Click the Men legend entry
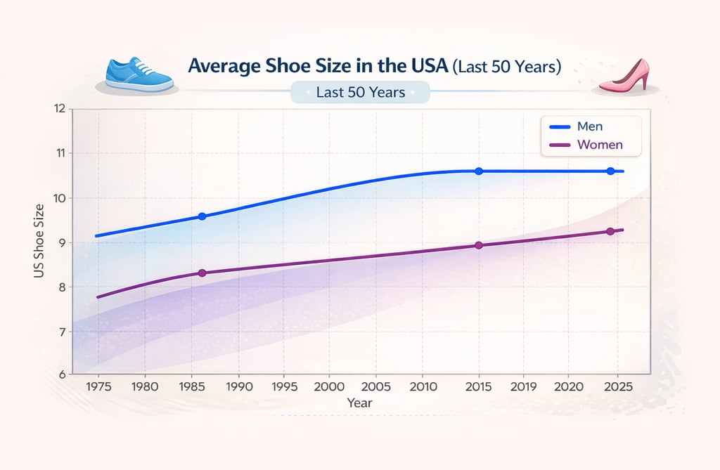click(x=589, y=126)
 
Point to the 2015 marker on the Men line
click(x=479, y=171)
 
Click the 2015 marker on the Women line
click(x=479, y=245)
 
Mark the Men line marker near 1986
click(x=202, y=216)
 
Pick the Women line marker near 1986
click(x=202, y=273)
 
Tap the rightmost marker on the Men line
click(x=610, y=171)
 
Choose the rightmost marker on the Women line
click(x=610, y=231)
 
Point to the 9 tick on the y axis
click(x=61, y=243)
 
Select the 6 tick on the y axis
click(x=61, y=374)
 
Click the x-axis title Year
click(x=359, y=403)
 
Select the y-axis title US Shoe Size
click(x=39, y=240)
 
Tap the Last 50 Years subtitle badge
click(x=360, y=92)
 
